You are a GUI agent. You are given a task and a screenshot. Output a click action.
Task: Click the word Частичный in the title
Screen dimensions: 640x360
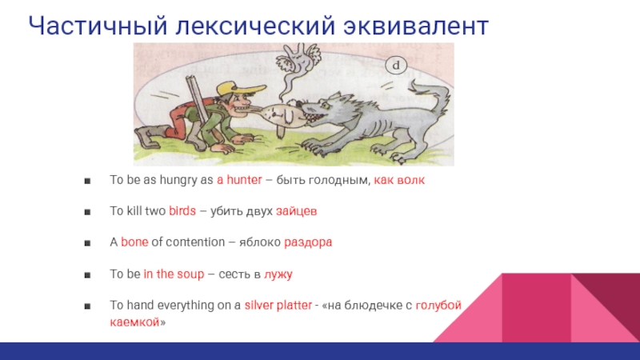pos(98,26)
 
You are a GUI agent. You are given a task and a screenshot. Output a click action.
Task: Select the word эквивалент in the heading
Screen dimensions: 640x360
pos(415,26)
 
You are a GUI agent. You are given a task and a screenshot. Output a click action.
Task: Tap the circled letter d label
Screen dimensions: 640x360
pos(396,66)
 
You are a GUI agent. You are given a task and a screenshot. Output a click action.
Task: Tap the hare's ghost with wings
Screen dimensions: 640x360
pos(297,66)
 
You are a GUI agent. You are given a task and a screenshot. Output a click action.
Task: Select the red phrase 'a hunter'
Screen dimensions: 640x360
pos(239,180)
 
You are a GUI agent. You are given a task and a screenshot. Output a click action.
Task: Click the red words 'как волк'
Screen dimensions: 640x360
pos(399,180)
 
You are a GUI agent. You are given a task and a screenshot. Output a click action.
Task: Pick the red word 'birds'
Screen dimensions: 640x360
pos(182,211)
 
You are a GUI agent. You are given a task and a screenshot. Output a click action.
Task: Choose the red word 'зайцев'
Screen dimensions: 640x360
pos(296,211)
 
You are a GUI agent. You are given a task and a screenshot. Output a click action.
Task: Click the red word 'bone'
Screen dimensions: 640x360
pos(134,242)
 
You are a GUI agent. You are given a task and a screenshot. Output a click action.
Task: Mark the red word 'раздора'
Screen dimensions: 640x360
pos(308,242)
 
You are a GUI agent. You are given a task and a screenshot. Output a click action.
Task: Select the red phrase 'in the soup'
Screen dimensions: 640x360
pos(174,274)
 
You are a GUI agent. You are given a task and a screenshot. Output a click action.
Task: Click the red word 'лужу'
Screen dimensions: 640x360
pos(278,274)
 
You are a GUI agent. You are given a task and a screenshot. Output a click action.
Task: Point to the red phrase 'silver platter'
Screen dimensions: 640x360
pos(278,306)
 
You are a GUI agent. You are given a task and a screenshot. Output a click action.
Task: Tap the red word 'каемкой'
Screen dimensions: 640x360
pos(134,322)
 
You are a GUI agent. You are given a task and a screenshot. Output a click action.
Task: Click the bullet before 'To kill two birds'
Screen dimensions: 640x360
pos(87,212)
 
